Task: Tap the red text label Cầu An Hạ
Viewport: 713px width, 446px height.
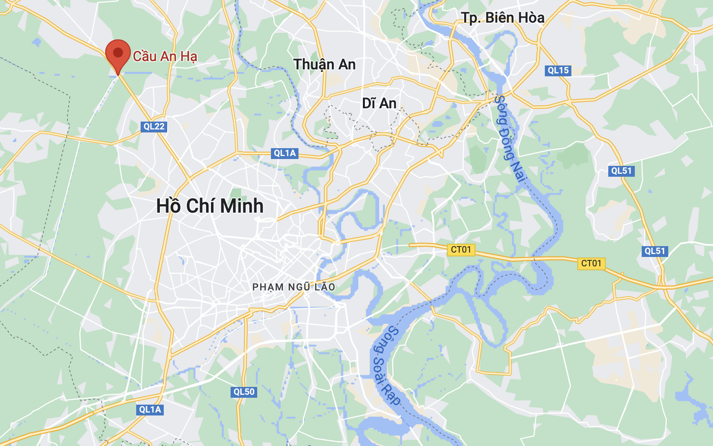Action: pos(165,56)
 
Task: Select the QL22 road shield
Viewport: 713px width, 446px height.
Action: pos(154,127)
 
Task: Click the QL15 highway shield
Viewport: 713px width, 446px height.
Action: pos(558,70)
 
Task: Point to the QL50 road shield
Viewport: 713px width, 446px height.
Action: pos(244,392)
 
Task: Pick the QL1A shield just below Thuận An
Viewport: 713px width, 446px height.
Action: pos(285,153)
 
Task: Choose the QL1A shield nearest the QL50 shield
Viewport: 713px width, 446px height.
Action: pos(150,410)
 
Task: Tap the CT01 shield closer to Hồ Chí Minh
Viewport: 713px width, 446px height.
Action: pos(461,250)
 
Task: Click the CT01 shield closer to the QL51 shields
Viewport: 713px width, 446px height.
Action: pos(591,263)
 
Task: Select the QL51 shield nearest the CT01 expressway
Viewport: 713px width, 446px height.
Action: pos(654,251)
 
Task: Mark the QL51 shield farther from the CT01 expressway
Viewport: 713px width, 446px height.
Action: pos(621,171)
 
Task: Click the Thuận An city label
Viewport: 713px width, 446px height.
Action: pos(324,64)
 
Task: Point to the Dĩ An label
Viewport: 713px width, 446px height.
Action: pos(379,103)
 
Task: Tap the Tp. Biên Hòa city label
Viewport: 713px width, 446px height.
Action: pos(503,18)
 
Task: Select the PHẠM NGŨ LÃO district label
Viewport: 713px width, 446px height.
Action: pos(294,287)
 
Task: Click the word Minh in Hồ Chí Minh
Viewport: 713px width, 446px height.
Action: pos(241,206)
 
